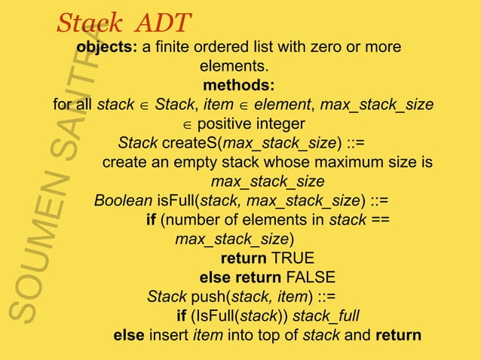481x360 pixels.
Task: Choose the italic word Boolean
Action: pos(123,200)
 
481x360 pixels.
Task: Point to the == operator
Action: pos(380,220)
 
